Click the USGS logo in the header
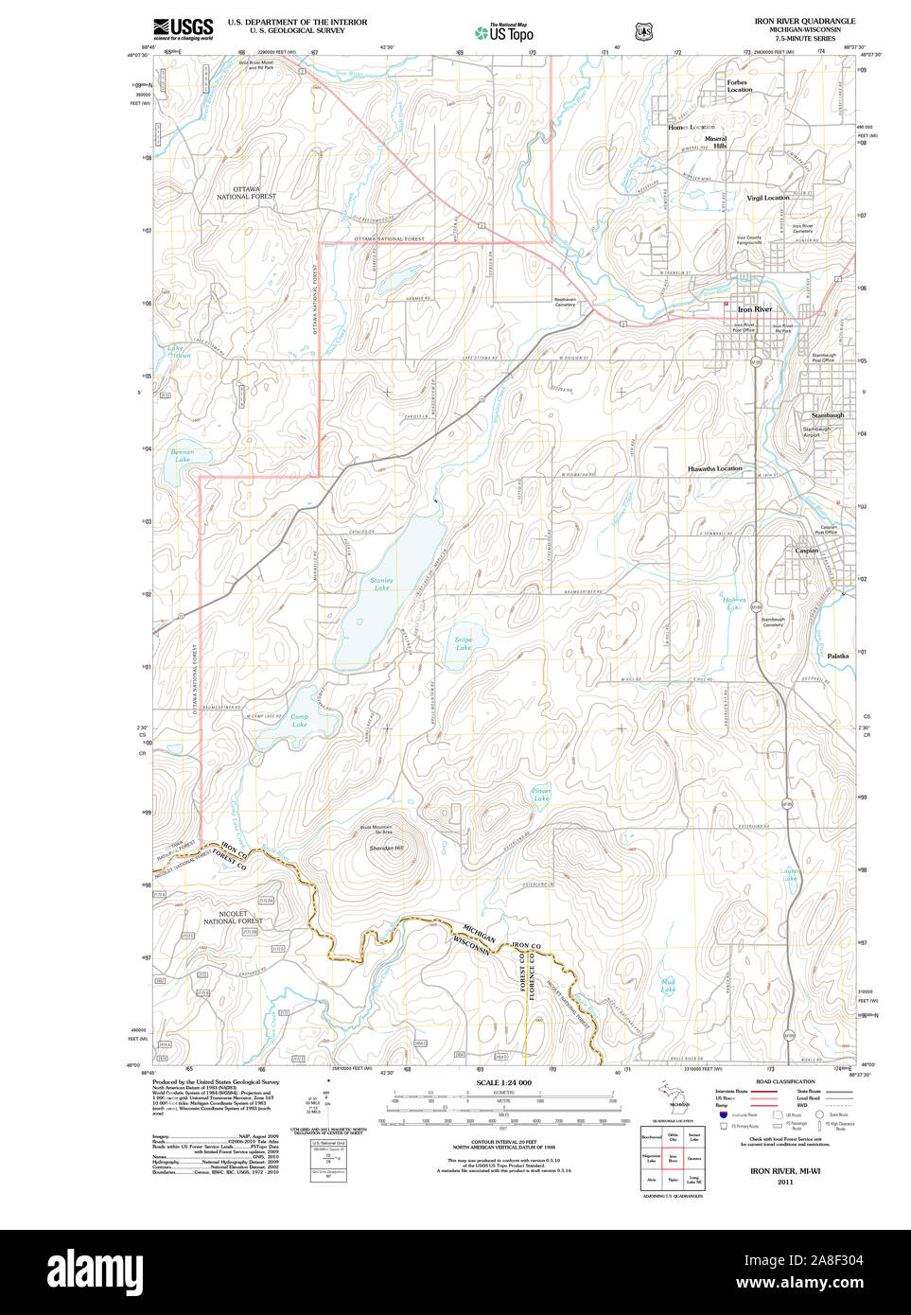pyautogui.click(x=184, y=27)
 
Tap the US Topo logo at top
pyautogui.click(x=504, y=32)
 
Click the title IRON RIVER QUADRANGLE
pyautogui.click(x=804, y=21)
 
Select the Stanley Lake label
pyautogui.click(x=381, y=584)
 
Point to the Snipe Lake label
pyautogui.click(x=463, y=643)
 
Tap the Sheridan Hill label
pyautogui.click(x=385, y=848)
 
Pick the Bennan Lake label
pyautogui.click(x=182, y=456)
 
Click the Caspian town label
pyautogui.click(x=806, y=551)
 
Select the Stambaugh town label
pyautogui.click(x=827, y=414)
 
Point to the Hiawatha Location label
pyautogui.click(x=714, y=468)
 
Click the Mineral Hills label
pyautogui.click(x=716, y=142)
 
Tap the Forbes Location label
pyautogui.click(x=738, y=85)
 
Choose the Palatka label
pyautogui.click(x=837, y=656)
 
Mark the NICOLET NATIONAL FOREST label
pyautogui.click(x=233, y=918)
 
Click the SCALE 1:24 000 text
pyautogui.click(x=503, y=1082)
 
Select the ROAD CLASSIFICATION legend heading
pyautogui.click(x=785, y=1081)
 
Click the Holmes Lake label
pyautogui.click(x=734, y=604)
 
